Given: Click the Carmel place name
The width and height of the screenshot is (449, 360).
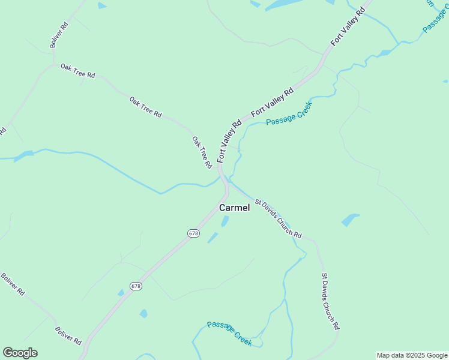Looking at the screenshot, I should (x=234, y=208).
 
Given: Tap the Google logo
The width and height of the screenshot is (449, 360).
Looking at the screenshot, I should (x=20, y=353).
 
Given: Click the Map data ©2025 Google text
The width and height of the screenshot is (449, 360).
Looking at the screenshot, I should (x=412, y=355).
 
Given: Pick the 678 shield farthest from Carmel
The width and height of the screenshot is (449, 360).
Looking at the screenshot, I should (x=136, y=286).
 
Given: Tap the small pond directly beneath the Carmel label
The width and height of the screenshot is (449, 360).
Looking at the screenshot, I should (x=225, y=221).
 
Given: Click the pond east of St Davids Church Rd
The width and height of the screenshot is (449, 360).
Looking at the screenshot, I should (x=351, y=220).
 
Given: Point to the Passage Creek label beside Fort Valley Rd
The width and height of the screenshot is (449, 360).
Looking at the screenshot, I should (x=289, y=113).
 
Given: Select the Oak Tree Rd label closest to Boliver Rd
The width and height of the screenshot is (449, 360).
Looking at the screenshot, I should (x=78, y=71).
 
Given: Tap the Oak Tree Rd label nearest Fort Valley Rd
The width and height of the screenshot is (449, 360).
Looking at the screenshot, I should (x=202, y=152).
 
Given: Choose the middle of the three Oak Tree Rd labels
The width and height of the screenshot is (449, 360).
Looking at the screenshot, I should (x=146, y=106).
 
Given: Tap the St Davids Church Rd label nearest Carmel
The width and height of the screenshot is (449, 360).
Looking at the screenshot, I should (x=278, y=219).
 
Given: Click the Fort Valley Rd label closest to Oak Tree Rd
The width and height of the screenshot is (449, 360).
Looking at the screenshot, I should (x=229, y=141).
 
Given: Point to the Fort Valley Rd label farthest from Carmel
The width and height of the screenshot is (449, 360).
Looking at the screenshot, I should (x=348, y=27).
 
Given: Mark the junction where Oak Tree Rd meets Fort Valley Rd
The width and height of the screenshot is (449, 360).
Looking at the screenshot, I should (x=220, y=171).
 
